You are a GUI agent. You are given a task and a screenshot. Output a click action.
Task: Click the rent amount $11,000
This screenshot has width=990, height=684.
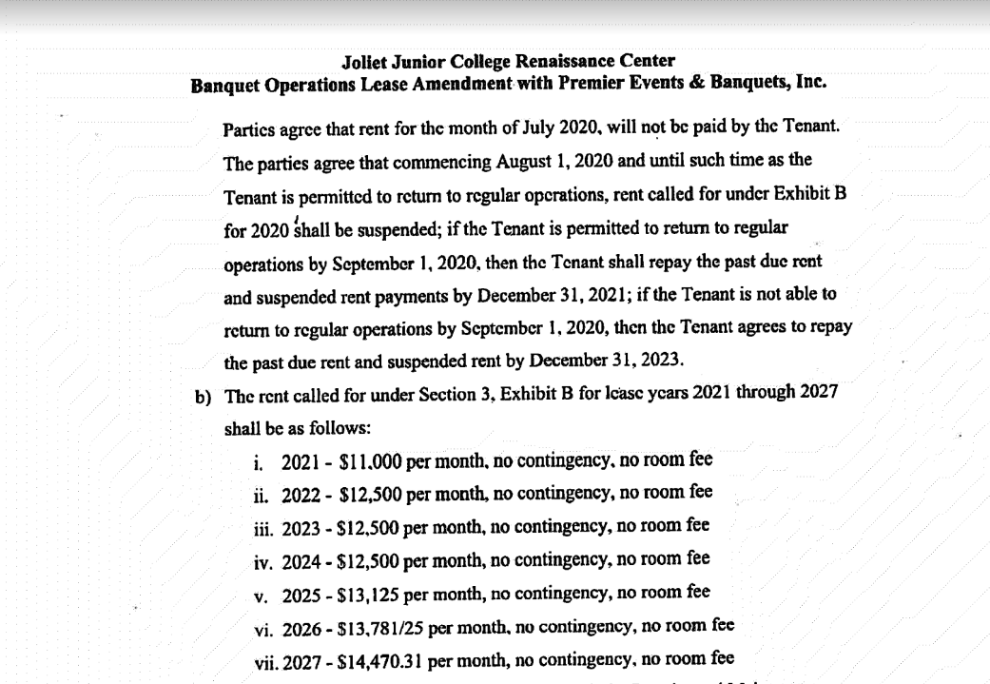(363, 461)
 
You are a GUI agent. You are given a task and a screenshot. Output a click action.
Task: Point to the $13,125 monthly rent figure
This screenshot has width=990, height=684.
(364, 593)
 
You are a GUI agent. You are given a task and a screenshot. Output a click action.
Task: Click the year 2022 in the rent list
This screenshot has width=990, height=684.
(301, 495)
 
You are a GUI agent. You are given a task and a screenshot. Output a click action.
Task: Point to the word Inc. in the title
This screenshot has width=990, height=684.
(809, 83)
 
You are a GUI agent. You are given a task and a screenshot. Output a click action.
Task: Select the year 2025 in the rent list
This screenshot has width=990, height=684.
(301, 593)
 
